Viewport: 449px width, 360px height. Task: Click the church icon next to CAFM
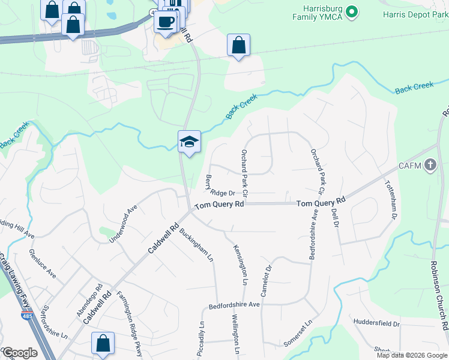[430, 165]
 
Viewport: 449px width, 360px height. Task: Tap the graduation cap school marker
[189, 142]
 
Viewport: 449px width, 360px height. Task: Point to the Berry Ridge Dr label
[218, 185]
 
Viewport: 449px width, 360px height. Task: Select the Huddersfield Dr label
[376, 323]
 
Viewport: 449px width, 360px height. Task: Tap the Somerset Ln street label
[299, 332]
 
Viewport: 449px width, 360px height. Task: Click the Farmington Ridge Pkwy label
[130, 323]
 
